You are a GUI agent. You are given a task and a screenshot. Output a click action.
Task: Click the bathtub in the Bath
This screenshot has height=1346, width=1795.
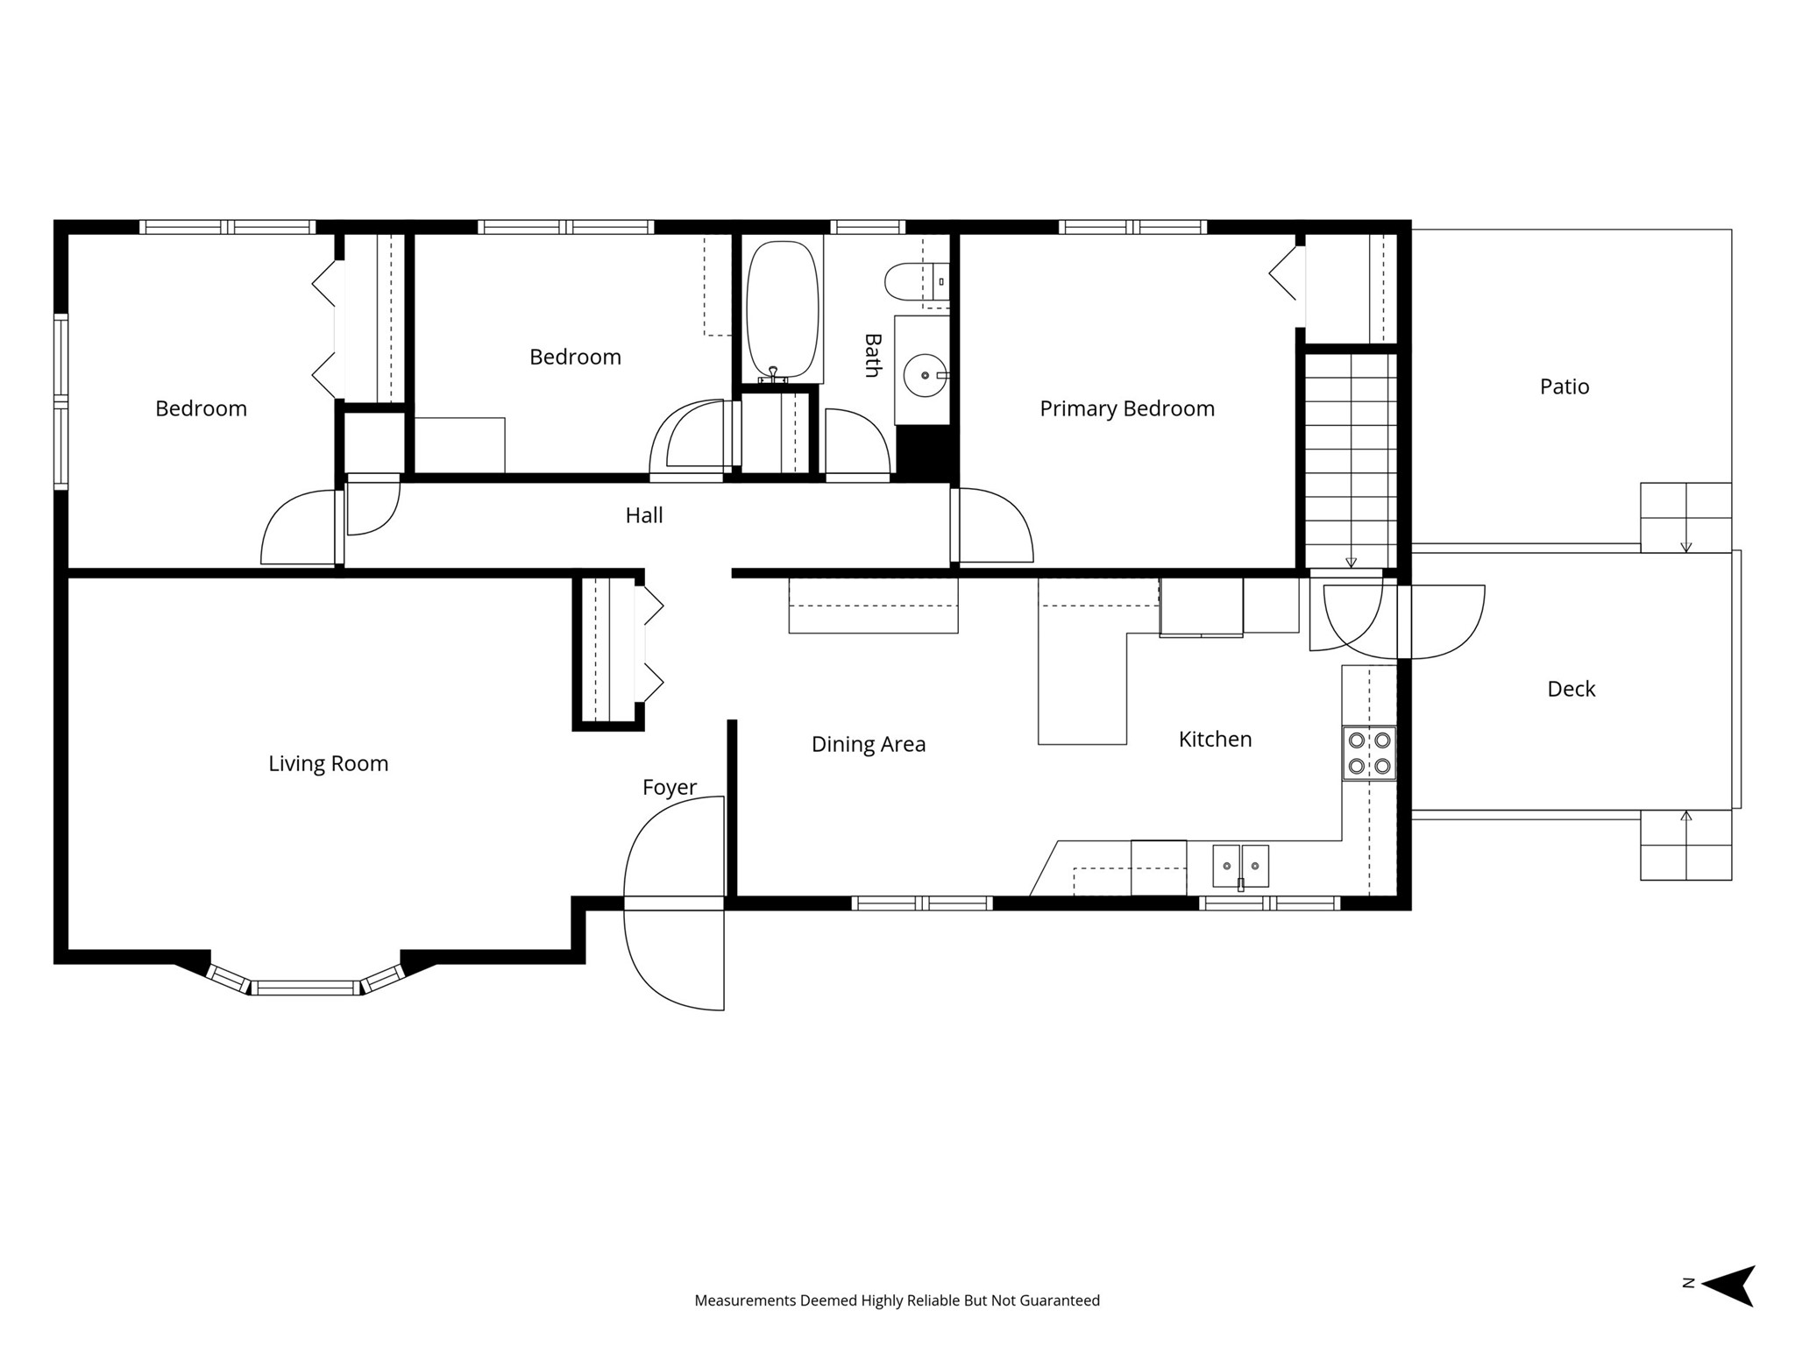click(783, 311)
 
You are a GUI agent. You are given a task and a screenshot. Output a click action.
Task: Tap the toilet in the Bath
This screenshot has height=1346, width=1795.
click(917, 281)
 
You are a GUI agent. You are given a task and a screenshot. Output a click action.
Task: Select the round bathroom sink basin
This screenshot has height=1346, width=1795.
click(925, 375)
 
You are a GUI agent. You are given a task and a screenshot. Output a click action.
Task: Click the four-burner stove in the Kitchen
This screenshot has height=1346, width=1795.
click(1369, 754)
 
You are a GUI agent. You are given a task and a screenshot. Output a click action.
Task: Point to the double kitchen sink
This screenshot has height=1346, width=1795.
click(1240, 866)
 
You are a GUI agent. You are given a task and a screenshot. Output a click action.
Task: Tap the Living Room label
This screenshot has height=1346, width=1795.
click(329, 763)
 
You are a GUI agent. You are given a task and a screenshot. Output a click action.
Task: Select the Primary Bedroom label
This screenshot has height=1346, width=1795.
click(1127, 408)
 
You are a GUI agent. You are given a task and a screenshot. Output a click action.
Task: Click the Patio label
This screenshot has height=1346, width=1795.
click(1564, 386)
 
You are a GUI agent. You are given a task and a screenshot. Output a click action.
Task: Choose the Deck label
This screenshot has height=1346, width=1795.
click(1572, 689)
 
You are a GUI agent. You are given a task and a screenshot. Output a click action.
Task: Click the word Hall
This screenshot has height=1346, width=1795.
click(644, 515)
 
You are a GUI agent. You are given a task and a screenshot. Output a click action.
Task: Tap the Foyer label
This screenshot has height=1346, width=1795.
click(670, 787)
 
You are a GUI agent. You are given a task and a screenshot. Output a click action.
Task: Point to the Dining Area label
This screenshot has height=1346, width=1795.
click(869, 744)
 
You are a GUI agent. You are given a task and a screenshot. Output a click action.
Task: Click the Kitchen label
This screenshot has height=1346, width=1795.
click(1215, 739)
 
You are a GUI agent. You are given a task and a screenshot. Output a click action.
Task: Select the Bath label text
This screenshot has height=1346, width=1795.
click(872, 355)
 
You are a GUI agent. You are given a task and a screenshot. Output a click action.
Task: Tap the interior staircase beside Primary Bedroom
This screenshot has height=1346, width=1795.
click(1351, 460)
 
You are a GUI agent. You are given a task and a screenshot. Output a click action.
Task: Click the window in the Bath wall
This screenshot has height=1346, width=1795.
click(868, 227)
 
